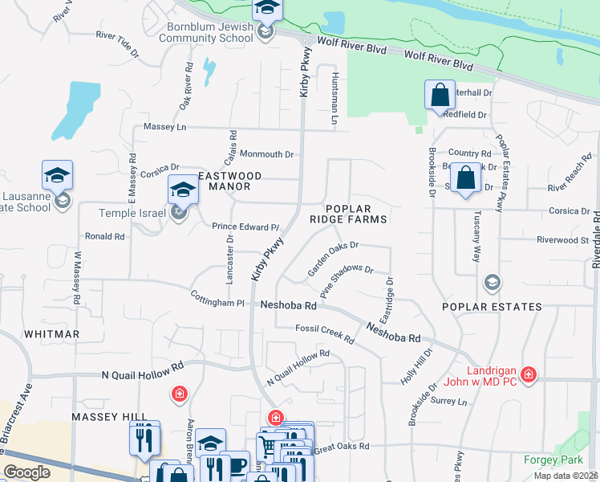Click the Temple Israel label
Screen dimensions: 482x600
[132, 213]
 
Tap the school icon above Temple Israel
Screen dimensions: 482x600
[182, 190]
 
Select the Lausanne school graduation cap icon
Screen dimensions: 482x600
[58, 174]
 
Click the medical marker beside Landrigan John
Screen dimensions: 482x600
[528, 374]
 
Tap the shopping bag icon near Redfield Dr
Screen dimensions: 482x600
[440, 94]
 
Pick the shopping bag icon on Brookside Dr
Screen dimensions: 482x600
[465, 177]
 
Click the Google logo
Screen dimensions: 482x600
[26, 472]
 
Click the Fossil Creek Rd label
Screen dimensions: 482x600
[324, 333]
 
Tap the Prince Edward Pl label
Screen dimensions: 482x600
[245, 227]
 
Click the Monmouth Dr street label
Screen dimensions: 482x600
[267, 154]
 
